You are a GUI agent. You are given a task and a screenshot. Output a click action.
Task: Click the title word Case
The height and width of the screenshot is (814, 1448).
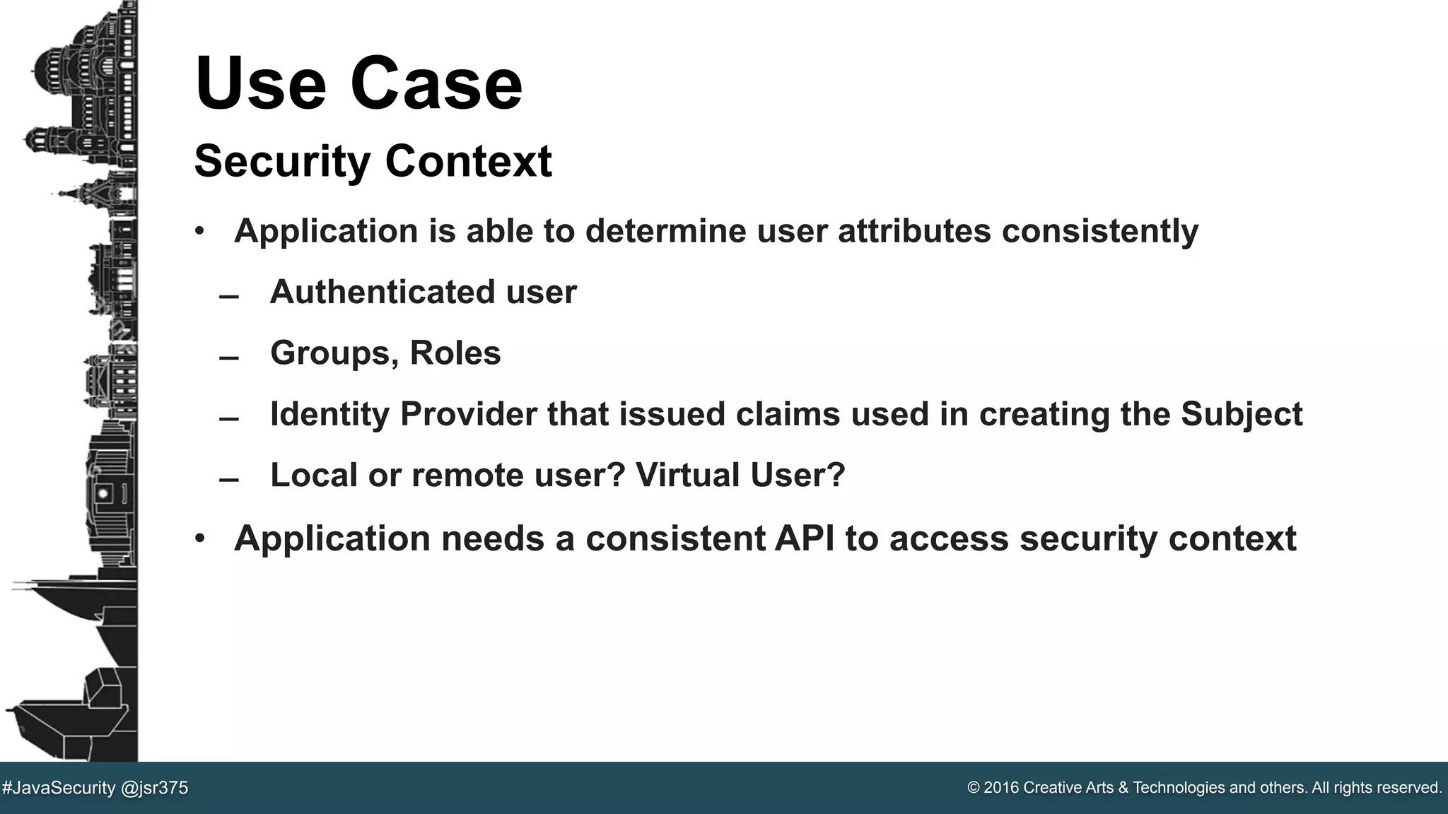pyautogui.click(x=436, y=83)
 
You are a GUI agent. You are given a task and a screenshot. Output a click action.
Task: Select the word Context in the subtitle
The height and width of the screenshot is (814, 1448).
pyautogui.click(x=468, y=161)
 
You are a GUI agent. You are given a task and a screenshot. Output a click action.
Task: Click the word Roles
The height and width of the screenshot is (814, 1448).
pyautogui.click(x=455, y=353)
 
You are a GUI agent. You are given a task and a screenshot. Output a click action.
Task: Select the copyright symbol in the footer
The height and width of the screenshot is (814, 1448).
pyautogui.click(x=973, y=788)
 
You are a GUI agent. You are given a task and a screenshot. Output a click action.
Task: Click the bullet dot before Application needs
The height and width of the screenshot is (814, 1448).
pyautogui.click(x=200, y=539)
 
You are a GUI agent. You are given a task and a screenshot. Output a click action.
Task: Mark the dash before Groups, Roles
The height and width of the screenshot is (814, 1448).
pyautogui.click(x=228, y=358)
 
